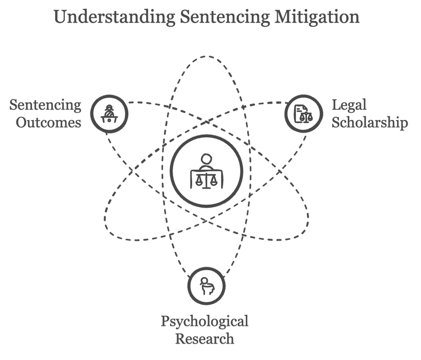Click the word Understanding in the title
[x=114, y=17]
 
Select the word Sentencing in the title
[x=224, y=17]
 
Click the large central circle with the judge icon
[x=206, y=171]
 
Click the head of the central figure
[x=206, y=160]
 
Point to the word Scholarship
[x=369, y=123]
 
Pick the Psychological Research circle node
[x=206, y=285]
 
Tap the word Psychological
[x=205, y=321]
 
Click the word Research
[x=205, y=338]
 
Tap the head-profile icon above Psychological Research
[x=206, y=285]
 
